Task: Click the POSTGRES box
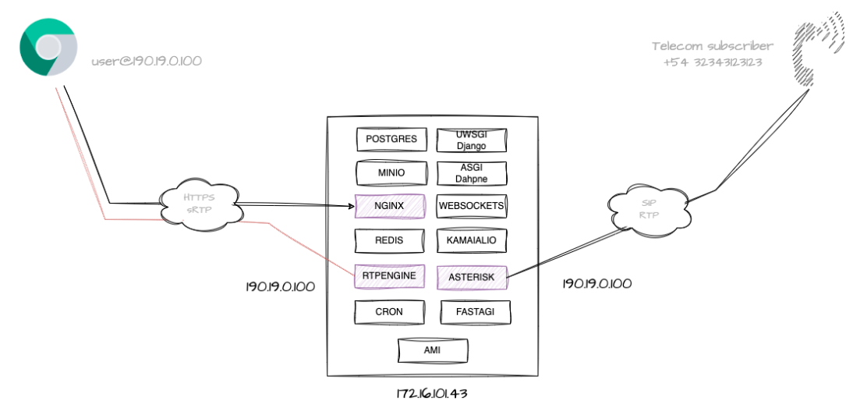point(391,140)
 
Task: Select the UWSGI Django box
point(472,140)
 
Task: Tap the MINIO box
point(391,172)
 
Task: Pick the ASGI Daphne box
point(472,173)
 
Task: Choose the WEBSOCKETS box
point(472,206)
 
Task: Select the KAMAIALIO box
point(472,239)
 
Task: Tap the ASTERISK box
point(472,275)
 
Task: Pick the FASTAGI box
point(476,312)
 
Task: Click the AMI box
point(433,351)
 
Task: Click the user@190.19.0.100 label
point(147,59)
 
